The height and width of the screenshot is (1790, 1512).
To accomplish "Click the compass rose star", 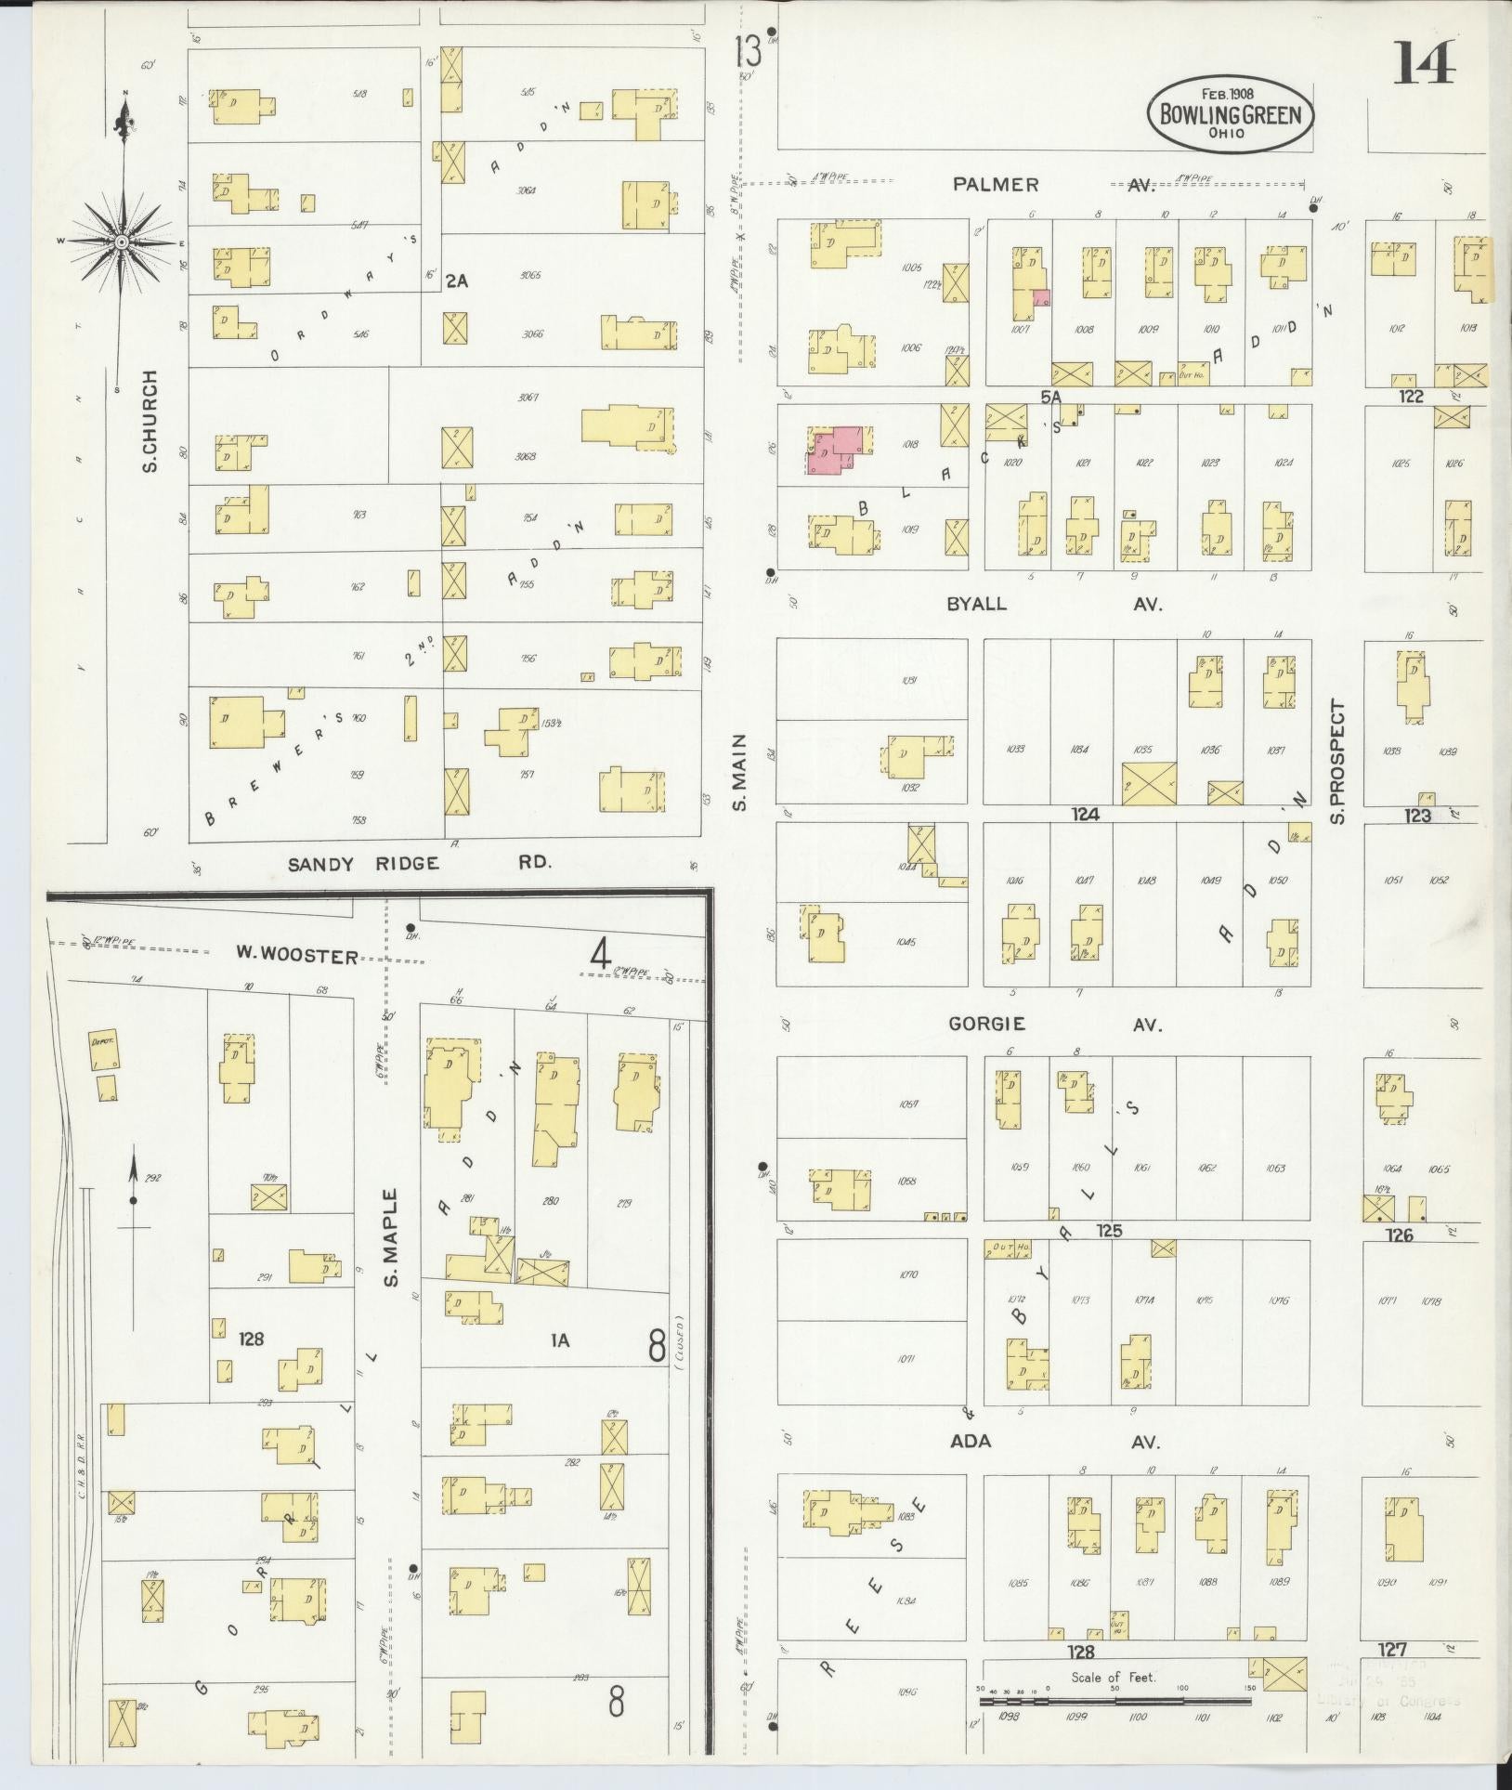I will pyautogui.click(x=121, y=242).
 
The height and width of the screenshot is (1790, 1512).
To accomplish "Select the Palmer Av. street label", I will pyautogui.click(x=1052, y=185).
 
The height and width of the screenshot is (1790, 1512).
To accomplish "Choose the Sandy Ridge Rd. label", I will pyautogui.click(x=418, y=863).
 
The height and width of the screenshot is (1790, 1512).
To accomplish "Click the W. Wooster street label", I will pyautogui.click(x=295, y=955).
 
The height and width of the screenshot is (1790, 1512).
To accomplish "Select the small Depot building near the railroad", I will pyautogui.click(x=101, y=1042).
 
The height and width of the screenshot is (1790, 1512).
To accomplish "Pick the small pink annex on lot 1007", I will pyautogui.click(x=1042, y=298).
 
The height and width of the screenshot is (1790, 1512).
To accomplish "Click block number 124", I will pyautogui.click(x=1084, y=815).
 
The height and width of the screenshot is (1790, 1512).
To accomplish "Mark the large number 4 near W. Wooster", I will pyautogui.click(x=601, y=954).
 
